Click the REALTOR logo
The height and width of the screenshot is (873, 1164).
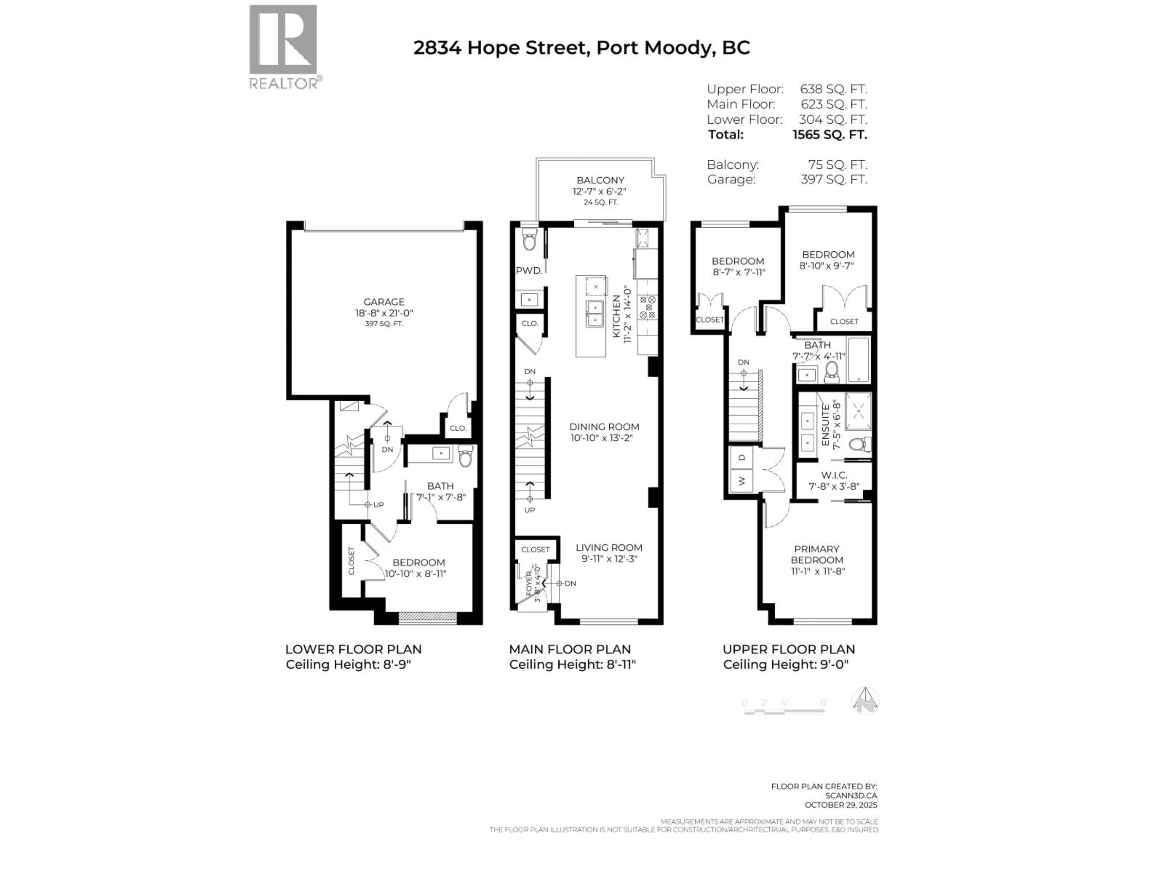283,46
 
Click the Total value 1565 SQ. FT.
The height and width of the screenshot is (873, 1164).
829,135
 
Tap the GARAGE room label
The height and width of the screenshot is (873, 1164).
384,302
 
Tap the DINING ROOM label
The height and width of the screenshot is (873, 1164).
604,427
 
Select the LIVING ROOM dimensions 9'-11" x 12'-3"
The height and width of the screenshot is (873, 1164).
609,559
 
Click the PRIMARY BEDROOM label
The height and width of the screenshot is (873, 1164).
817,554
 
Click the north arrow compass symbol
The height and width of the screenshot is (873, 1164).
865,701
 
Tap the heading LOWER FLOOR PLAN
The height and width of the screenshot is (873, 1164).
353,649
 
